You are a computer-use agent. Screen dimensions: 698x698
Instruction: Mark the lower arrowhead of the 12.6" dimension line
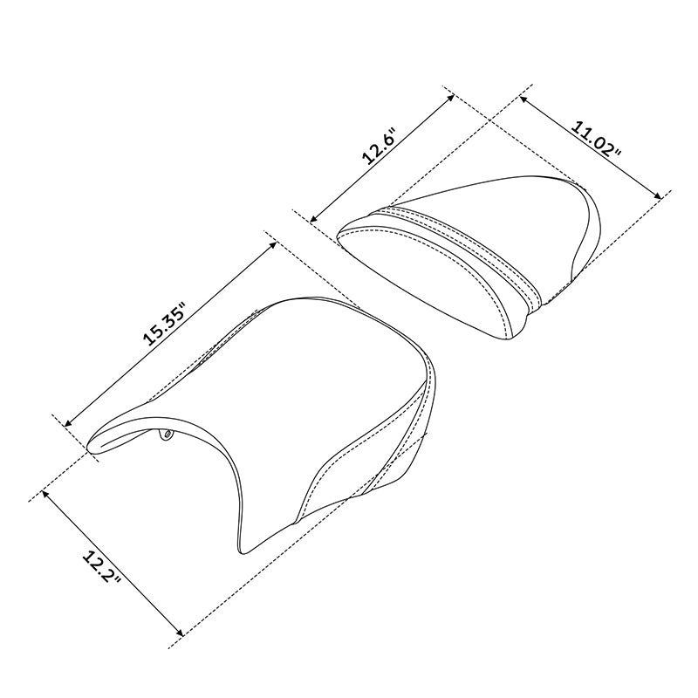312,219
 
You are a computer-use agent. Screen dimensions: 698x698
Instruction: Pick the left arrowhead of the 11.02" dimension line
523,98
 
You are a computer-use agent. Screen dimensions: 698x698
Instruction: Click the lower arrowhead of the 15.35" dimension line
67,421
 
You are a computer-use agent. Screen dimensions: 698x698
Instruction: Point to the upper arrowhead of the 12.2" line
44,493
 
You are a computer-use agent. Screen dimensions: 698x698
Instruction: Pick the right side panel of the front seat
410,445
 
